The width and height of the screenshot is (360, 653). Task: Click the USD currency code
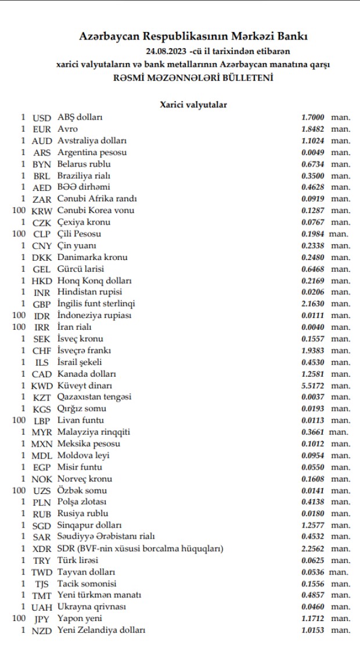pos(42,117)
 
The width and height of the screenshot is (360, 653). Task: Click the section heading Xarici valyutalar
pos(193,104)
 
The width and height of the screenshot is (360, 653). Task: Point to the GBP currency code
pos(42,304)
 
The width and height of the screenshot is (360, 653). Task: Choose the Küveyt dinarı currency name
pos(85,385)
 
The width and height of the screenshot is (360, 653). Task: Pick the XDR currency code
pos(42,549)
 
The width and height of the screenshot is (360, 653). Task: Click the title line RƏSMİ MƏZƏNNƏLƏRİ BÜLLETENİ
pos(193,78)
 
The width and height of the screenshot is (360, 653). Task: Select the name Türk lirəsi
pos(78,560)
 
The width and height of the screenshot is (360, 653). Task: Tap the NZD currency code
pos(42,630)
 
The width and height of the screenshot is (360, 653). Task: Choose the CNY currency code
pos(42,246)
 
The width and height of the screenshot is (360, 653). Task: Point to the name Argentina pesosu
pos(92,152)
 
